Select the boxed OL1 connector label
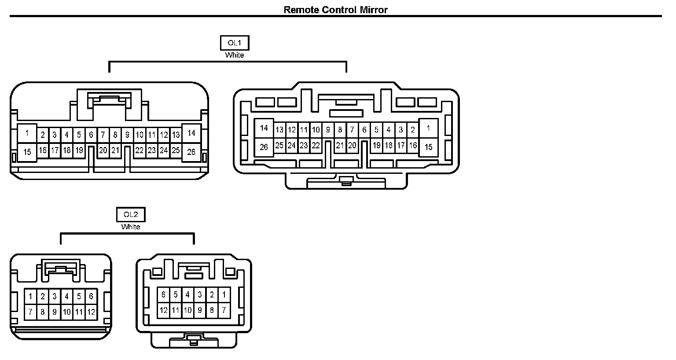[x=234, y=43]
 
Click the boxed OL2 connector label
[x=131, y=215]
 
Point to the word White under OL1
[x=234, y=55]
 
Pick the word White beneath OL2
[x=131, y=227]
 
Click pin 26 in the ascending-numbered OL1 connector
[x=191, y=152]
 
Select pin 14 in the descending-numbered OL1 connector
[x=264, y=129]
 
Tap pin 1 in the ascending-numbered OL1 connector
[x=27, y=133]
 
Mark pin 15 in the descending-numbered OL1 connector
[x=428, y=147]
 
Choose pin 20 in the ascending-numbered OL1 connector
[x=103, y=151]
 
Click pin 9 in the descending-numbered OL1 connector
[x=328, y=130]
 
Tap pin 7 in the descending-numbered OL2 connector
[x=224, y=310]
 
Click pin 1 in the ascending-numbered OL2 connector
[x=30, y=297]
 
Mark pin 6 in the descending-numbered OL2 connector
[x=163, y=295]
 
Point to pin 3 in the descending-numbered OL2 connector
[x=200, y=295]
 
